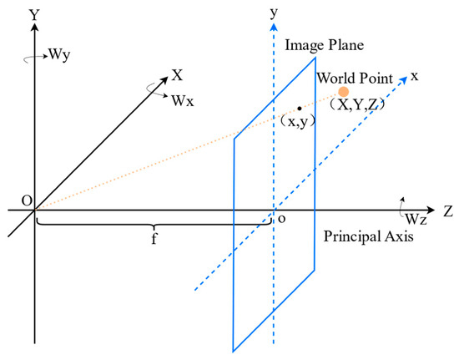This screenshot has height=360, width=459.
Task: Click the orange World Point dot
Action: tap(343, 92)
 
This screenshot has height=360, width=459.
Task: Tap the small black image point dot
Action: tap(300, 109)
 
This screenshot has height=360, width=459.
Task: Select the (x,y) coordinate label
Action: tap(298, 121)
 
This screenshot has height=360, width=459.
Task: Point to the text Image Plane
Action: tap(325, 45)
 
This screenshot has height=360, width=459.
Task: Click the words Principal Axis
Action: tap(368, 236)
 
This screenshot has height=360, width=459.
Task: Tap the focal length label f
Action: tap(154, 239)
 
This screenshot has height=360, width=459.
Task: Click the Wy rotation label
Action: tap(60, 54)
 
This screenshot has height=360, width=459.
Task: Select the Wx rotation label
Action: tap(183, 101)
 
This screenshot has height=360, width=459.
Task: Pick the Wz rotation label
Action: tap(416, 219)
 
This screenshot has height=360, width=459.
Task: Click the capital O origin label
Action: tap(27, 201)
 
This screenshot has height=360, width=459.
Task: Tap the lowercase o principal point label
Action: tap(281, 219)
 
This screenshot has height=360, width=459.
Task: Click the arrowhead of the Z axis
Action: tap(431, 210)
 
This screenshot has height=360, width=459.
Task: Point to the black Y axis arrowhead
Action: tap(35, 27)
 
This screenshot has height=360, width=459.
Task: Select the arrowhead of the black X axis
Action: tap(164, 79)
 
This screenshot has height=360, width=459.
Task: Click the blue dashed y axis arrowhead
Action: tap(274, 27)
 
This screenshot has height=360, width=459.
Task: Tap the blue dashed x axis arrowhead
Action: tap(404, 79)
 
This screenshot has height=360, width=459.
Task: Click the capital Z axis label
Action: tap(448, 210)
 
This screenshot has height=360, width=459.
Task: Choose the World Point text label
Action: tap(355, 78)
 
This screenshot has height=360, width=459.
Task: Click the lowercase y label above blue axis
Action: tap(274, 13)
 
